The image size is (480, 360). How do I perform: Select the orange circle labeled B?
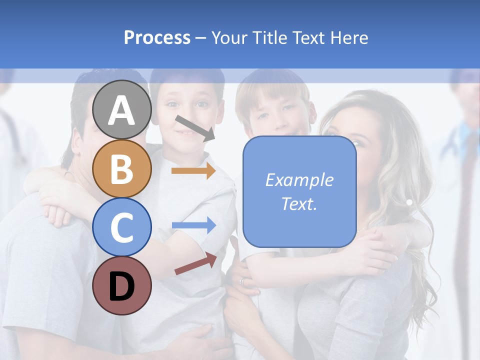[x=122, y=168]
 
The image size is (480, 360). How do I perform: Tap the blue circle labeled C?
[x=122, y=227]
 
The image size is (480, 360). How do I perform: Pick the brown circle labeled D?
[x=122, y=285]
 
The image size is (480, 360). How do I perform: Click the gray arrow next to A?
[x=194, y=128]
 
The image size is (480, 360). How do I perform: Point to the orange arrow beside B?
[x=193, y=171]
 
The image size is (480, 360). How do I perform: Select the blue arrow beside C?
[x=193, y=225]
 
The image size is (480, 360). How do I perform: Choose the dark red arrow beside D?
[x=195, y=264]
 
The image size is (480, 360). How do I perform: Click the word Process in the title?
[x=157, y=37]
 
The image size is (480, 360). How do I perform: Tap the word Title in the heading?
[x=270, y=37]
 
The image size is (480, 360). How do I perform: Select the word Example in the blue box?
[x=299, y=180]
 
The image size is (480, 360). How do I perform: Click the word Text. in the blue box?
[x=299, y=203]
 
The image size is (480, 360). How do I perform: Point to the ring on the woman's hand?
[x=243, y=281]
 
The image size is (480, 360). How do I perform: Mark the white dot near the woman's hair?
[x=409, y=202]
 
